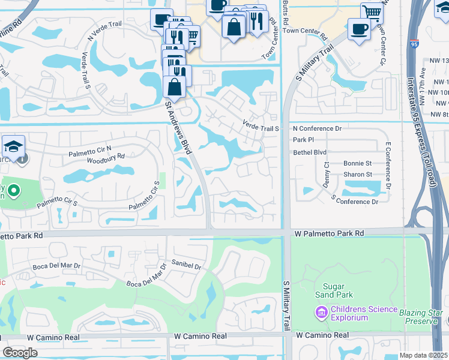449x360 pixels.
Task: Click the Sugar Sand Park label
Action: tap(334, 290)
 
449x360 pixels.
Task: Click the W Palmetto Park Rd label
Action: tap(329, 233)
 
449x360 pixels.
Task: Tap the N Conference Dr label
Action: tap(317, 128)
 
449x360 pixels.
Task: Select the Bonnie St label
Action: tap(358, 163)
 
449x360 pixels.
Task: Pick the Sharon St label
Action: tap(358, 175)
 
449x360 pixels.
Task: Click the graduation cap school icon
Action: tap(13, 146)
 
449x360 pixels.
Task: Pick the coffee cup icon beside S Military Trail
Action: tap(359, 29)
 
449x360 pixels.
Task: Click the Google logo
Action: tap(20, 353)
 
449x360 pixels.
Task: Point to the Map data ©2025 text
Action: tap(423, 355)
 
